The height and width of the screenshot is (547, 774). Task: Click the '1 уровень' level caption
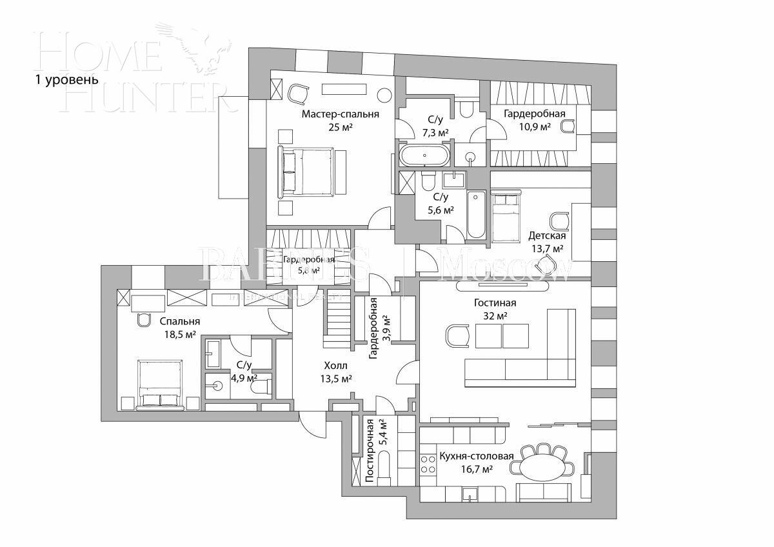(66, 80)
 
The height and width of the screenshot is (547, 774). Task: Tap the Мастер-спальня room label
(340, 114)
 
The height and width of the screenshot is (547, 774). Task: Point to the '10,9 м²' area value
(535, 127)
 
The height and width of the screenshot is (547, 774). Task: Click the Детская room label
(546, 235)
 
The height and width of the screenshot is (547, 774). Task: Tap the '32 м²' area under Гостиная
(495, 315)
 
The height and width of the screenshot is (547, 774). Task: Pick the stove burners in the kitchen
(428, 464)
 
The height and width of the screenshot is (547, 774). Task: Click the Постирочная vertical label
(370, 451)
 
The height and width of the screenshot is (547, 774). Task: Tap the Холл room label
(335, 364)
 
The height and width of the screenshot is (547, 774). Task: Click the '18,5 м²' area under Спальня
(180, 334)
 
